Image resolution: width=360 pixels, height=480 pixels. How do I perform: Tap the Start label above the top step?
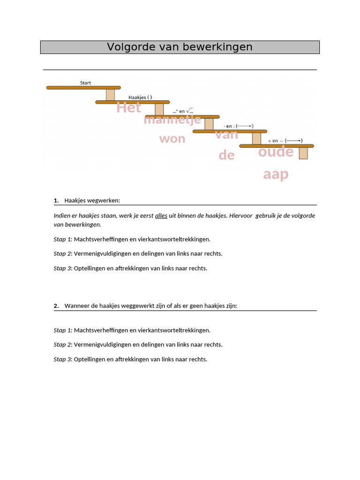85,83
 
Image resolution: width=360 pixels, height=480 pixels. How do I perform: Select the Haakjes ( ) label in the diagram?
140,97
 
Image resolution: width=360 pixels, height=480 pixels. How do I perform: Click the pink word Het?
129,108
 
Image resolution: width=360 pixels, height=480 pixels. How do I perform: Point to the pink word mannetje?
172,120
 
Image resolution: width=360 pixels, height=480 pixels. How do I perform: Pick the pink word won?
172,139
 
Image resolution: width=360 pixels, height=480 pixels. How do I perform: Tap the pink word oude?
276,152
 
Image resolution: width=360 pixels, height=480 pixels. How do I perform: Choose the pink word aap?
276,175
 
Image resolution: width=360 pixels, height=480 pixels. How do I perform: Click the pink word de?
226,155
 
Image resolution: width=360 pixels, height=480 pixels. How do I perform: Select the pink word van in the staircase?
227,135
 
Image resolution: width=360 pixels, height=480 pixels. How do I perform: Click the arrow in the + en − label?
292,141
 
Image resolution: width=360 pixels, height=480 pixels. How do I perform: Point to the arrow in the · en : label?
245,126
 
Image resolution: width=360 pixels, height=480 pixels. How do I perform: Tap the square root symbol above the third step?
189,111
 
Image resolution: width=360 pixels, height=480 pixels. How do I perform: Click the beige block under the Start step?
110,94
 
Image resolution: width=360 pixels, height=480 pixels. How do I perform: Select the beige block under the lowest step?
303,153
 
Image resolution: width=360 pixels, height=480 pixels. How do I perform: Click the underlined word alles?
161,216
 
